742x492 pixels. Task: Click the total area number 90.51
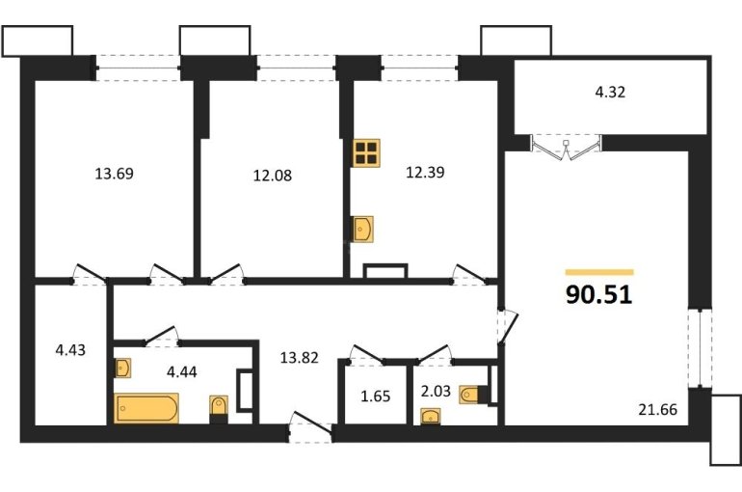pyautogui.click(x=598, y=294)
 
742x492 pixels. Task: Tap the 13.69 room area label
pyautogui.click(x=114, y=174)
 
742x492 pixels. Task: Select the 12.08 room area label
pyautogui.click(x=272, y=176)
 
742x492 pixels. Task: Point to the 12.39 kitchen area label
pyautogui.click(x=425, y=173)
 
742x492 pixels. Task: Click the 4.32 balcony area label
pyautogui.click(x=610, y=92)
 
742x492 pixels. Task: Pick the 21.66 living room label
pyautogui.click(x=658, y=409)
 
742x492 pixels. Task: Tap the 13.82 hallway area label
pyautogui.click(x=299, y=358)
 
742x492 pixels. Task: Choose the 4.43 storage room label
pyautogui.click(x=70, y=350)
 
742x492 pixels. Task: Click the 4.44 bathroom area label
pyautogui.click(x=182, y=371)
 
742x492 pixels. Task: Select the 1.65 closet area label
pyautogui.click(x=376, y=396)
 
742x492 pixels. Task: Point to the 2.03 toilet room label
pyautogui.click(x=436, y=391)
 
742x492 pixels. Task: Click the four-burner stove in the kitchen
pyautogui.click(x=366, y=153)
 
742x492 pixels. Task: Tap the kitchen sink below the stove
pyautogui.click(x=363, y=230)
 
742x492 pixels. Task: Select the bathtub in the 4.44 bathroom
pyautogui.click(x=146, y=408)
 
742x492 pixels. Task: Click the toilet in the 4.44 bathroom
pyautogui.click(x=219, y=409)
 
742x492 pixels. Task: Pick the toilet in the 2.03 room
pyautogui.click(x=473, y=395)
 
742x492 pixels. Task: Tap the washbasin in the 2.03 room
pyautogui.click(x=431, y=417)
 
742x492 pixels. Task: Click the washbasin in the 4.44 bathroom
pyautogui.click(x=122, y=368)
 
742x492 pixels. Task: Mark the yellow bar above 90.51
pyautogui.click(x=599, y=272)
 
